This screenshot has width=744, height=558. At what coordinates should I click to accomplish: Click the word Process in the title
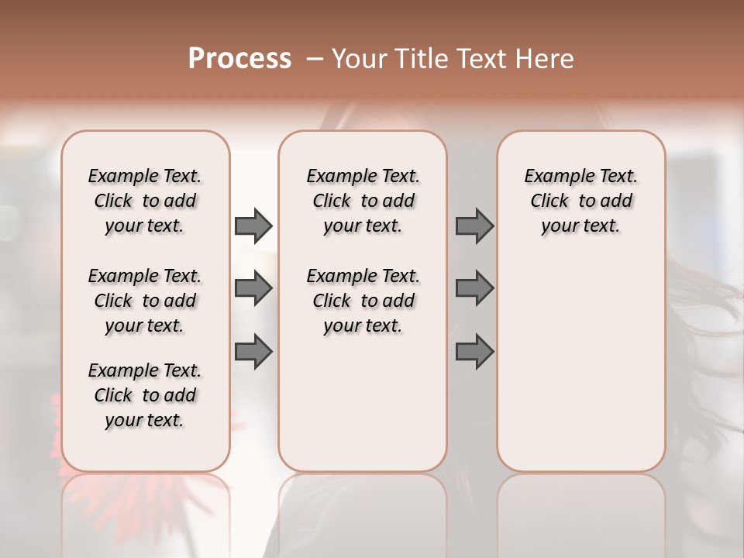[x=239, y=59]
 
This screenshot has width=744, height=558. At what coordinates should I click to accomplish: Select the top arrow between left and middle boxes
[x=253, y=226]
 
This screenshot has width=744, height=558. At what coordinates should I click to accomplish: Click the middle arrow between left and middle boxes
[x=253, y=289]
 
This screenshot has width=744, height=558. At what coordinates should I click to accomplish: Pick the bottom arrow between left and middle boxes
[x=253, y=352]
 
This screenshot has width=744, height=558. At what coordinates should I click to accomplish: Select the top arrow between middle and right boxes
[x=474, y=226]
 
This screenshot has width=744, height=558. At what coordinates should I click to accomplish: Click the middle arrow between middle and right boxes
[x=474, y=289]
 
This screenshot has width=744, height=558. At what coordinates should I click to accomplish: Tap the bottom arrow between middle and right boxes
[x=474, y=352]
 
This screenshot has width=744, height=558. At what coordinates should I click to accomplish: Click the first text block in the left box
[x=145, y=201]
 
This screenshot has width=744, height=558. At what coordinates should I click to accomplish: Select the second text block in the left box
[x=145, y=301]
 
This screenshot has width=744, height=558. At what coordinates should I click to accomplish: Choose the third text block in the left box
[x=145, y=395]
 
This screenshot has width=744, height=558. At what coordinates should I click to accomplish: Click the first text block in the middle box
[x=363, y=201]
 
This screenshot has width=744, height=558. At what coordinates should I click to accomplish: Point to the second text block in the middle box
[x=363, y=301]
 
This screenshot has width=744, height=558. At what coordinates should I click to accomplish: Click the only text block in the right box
[x=580, y=201]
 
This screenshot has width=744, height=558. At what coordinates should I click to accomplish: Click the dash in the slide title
[x=314, y=59]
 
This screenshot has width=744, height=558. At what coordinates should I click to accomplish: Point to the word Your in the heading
[x=359, y=59]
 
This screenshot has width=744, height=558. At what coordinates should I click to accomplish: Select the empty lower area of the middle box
[x=363, y=403]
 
